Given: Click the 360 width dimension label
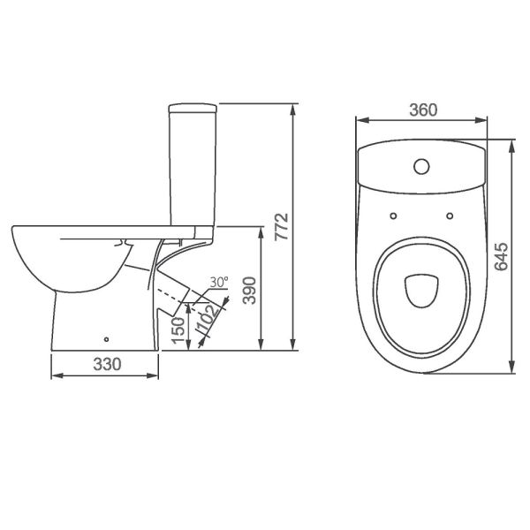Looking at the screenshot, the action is (x=423, y=110).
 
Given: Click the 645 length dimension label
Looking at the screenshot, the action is (x=501, y=256).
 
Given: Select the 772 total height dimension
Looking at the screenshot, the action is (x=281, y=227).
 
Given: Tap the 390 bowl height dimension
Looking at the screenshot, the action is (x=250, y=291).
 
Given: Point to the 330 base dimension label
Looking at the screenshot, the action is (x=107, y=364).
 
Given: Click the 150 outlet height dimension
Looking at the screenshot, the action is (x=178, y=331).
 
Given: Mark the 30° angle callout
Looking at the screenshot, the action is (x=219, y=282).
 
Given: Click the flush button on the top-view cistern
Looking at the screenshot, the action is (x=421, y=166).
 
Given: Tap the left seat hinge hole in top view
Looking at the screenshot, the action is (x=393, y=216).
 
